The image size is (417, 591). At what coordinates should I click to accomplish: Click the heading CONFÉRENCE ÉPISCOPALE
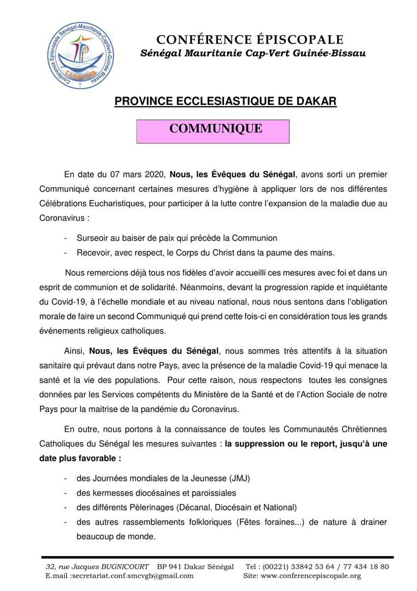tap(250, 39)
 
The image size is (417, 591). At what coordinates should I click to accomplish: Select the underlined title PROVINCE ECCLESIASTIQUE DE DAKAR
tap(225, 102)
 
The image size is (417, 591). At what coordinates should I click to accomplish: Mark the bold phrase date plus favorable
tap(80, 457)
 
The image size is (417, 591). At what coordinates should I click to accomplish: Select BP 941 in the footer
tap(173, 566)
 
